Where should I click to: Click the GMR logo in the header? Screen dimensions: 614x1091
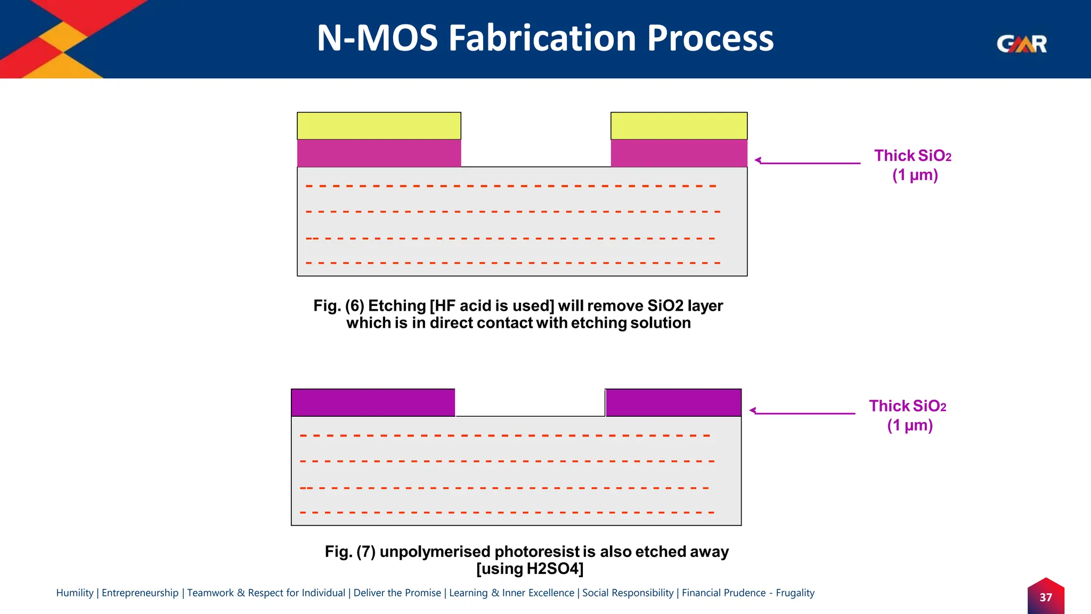click(1022, 44)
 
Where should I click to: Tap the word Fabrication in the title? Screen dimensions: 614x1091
click(542, 38)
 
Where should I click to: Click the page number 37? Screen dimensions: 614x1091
click(1046, 597)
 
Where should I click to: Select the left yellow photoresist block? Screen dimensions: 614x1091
click(379, 126)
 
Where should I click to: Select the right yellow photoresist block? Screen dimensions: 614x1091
click(679, 126)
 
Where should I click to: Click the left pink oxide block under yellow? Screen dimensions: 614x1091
click(379, 153)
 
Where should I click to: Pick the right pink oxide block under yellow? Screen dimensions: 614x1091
click(679, 153)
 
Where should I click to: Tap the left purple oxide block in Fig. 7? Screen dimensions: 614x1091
click(373, 402)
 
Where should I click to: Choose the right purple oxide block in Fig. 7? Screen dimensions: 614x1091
click(673, 402)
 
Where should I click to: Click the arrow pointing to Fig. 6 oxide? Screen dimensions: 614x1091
click(807, 162)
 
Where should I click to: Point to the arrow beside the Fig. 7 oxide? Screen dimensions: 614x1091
click(802, 412)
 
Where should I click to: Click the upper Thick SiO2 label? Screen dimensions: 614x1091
click(913, 156)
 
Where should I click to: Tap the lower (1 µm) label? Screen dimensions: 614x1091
click(910, 425)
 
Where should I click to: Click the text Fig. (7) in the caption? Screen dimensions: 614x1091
click(350, 552)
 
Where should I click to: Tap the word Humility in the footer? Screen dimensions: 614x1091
click(75, 593)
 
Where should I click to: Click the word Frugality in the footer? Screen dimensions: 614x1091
click(795, 593)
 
